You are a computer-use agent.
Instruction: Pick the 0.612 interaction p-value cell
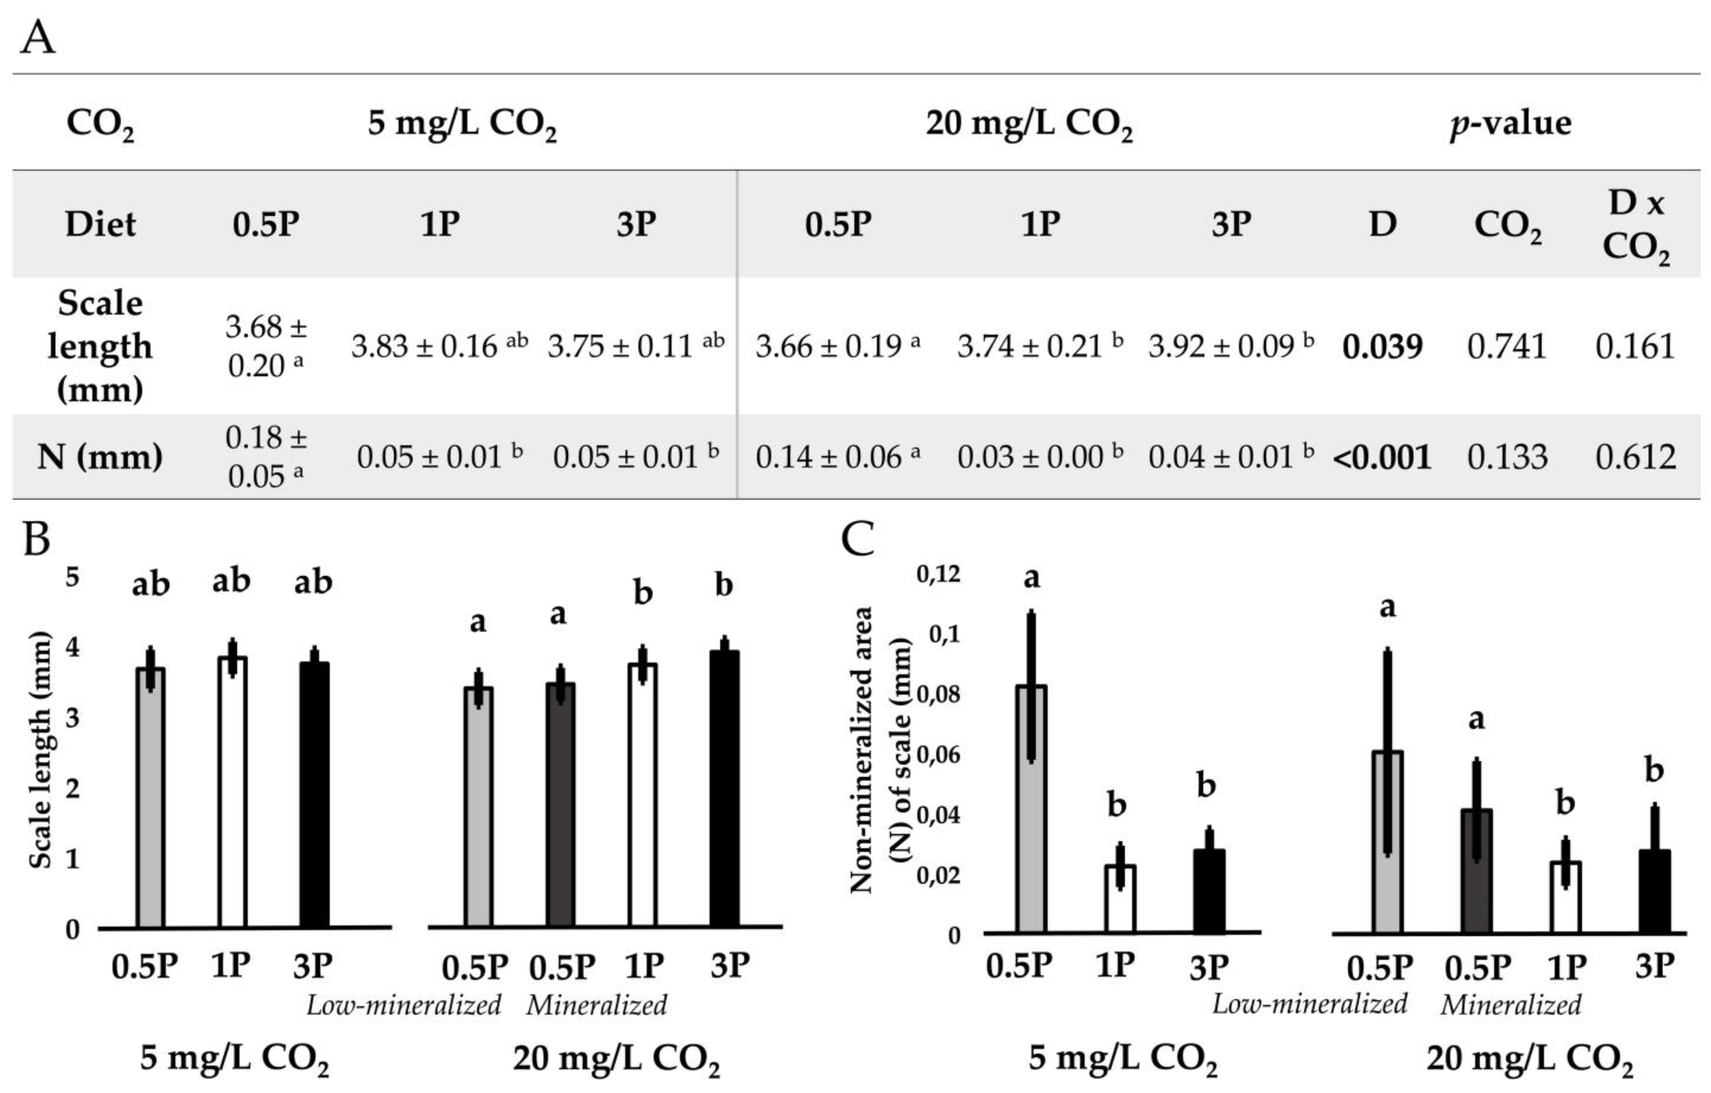click(1635, 457)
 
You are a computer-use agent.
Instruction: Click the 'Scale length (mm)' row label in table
click(100, 346)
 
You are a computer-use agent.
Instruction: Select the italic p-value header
click(1511, 123)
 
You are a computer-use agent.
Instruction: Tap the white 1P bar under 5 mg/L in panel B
click(232, 792)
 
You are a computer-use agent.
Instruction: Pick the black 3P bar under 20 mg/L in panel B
click(725, 789)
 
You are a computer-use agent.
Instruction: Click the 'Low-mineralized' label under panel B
click(404, 1005)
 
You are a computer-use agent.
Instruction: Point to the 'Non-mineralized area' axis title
click(861, 750)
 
